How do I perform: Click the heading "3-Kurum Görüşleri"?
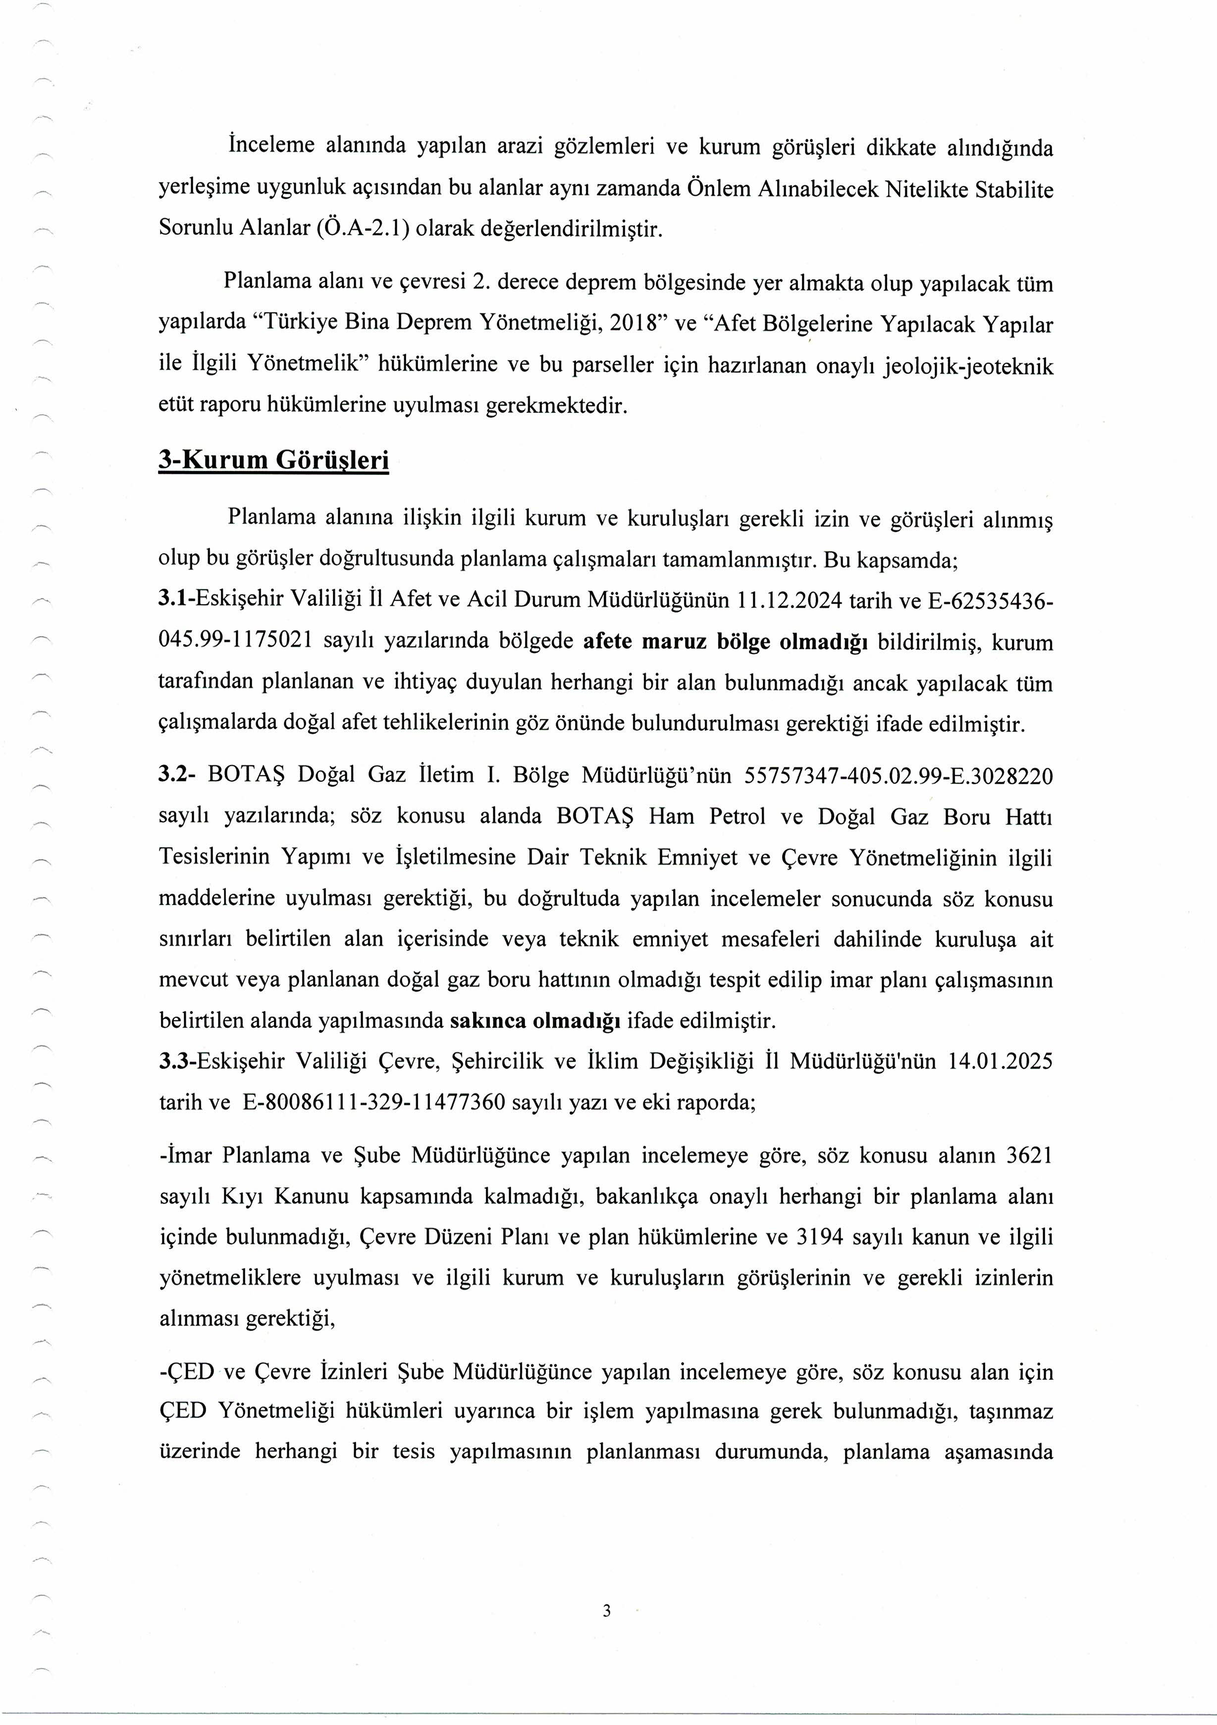pyautogui.click(x=273, y=460)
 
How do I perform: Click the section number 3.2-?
pyautogui.click(x=177, y=775)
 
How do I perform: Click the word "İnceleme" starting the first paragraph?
pyautogui.click(x=270, y=147)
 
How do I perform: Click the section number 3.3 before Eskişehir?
pyautogui.click(x=176, y=1062)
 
